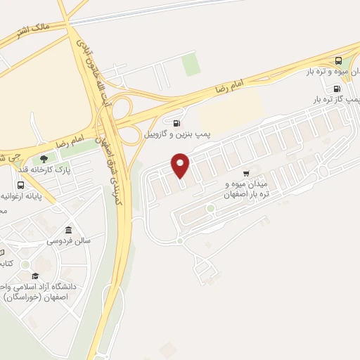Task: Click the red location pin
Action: pyautogui.click(x=181, y=165)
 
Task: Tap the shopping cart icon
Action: pyautogui.click(x=246, y=173)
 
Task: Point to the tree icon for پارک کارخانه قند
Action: pyautogui.click(x=45, y=160)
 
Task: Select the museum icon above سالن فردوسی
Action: pyautogui.click(x=68, y=231)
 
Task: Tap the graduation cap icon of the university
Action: pyautogui.click(x=35, y=276)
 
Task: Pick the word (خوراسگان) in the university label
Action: pyautogui.click(x=27, y=297)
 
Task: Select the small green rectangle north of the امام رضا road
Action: pyautogui.click(x=191, y=65)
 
